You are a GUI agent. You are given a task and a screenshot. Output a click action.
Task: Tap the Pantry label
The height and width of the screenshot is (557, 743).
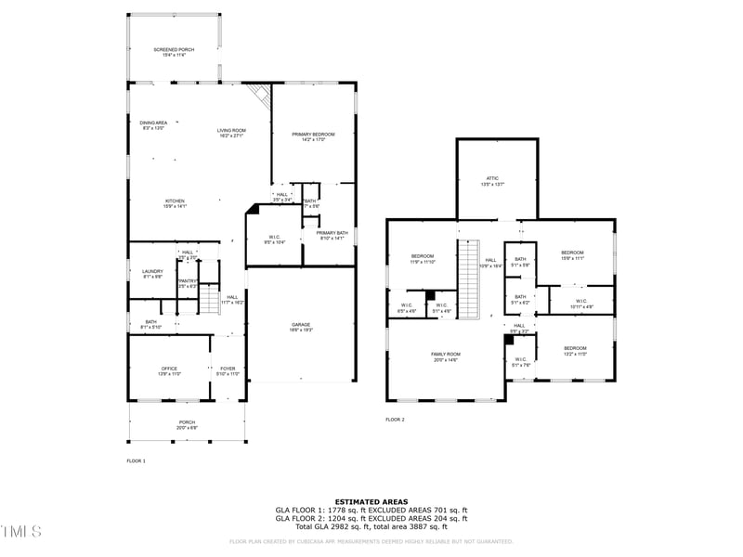(188, 283)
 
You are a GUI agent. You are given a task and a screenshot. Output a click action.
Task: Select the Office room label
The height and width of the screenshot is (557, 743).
(169, 370)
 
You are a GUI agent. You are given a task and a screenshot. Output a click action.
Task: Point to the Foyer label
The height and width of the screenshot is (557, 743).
(228, 370)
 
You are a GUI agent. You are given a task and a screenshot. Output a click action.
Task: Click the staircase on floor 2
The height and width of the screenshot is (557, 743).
(468, 278)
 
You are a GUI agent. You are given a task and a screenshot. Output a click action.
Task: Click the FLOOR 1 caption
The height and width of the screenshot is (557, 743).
(137, 460)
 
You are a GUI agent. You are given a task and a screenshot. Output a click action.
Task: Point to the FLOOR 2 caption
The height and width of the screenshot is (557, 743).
(396, 420)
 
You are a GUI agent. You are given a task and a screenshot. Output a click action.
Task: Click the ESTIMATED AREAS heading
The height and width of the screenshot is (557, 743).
(371, 502)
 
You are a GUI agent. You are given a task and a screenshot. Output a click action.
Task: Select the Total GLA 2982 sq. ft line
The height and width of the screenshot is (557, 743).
(371, 525)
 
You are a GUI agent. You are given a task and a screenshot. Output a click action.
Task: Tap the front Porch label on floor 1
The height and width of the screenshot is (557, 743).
(188, 423)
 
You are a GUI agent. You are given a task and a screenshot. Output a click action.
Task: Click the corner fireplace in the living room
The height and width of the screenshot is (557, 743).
(261, 94)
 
